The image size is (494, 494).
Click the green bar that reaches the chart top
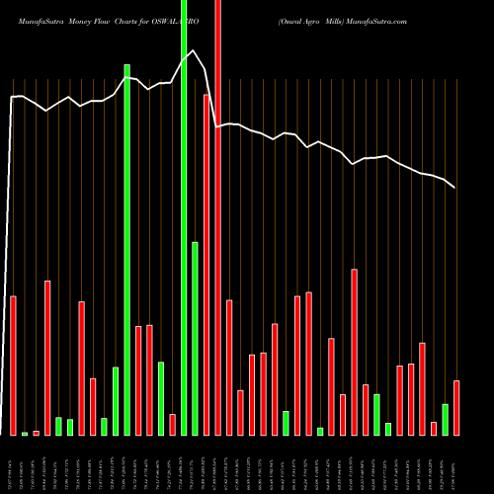(184, 217)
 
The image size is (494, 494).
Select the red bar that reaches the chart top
(218, 217)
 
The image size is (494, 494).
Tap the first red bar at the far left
(14, 366)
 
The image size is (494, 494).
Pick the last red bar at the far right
(456, 407)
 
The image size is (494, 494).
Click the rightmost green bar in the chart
(445, 419)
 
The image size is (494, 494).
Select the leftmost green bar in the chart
(25, 433)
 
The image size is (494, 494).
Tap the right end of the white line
(455, 187)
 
